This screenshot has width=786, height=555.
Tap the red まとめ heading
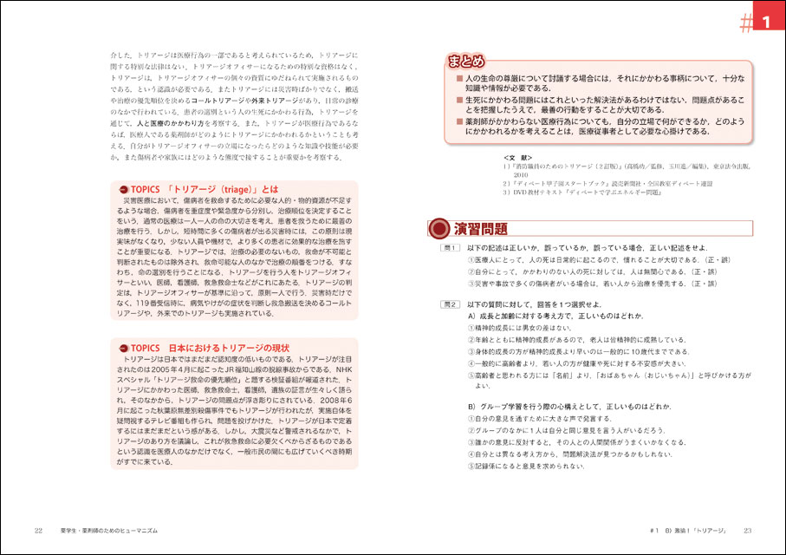[466, 62]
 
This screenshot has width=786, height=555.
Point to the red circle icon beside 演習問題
[440, 229]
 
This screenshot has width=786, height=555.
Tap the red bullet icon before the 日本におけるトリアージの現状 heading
[122, 348]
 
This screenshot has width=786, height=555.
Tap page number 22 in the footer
[38, 530]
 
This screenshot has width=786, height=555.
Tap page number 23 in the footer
[747, 530]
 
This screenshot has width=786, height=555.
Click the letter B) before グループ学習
[472, 407]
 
